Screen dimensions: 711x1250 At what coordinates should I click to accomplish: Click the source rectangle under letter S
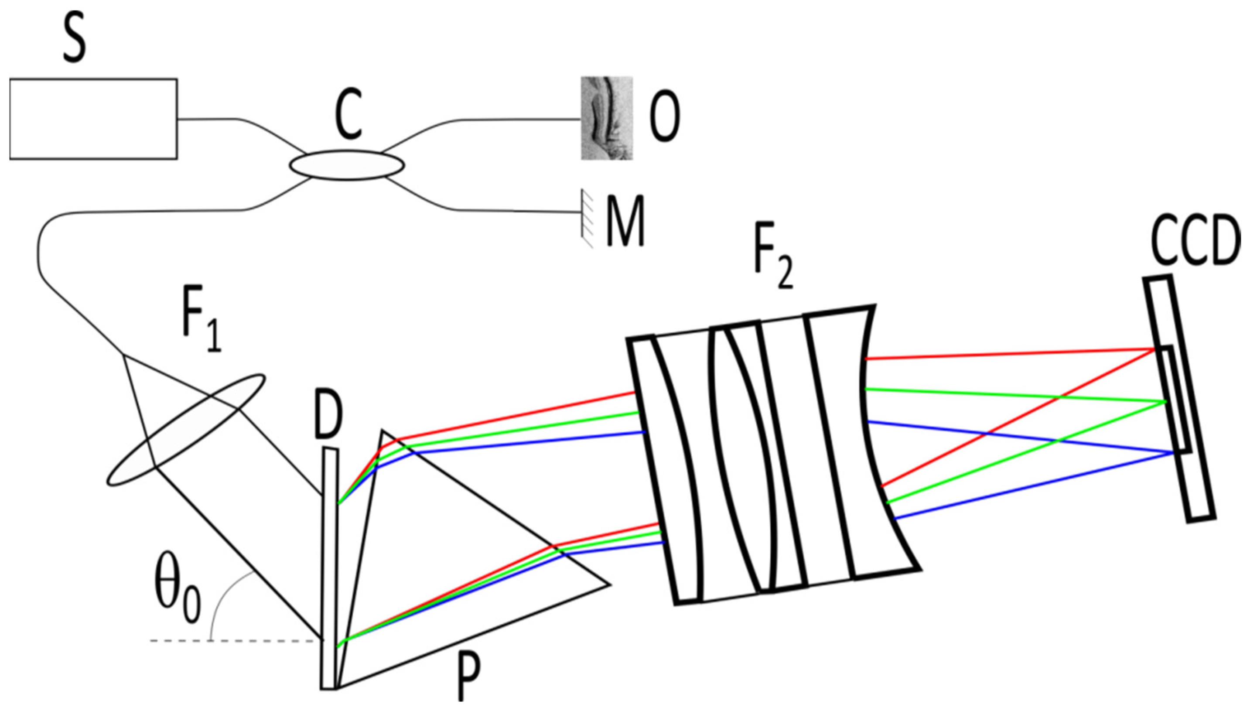[93, 119]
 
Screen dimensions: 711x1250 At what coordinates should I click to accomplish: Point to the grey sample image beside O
[606, 118]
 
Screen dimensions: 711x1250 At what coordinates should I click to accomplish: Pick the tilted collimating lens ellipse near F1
[185, 430]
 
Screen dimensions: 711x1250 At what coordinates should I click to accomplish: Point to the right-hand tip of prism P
[608, 584]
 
